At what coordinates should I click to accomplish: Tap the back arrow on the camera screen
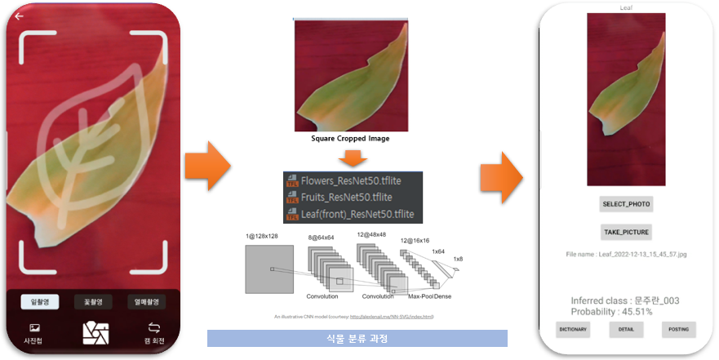coord(19,16)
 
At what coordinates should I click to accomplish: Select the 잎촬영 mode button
coord(39,302)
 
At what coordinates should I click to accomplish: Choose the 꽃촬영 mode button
coord(93,302)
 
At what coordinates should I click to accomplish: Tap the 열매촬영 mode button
coord(147,302)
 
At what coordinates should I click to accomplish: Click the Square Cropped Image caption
coord(350,138)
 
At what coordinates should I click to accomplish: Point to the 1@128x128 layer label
coord(262,236)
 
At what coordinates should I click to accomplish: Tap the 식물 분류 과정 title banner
coord(357,337)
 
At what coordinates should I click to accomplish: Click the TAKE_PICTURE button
coord(627,232)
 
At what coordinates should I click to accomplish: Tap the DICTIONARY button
coord(573,330)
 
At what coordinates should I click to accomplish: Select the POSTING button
coord(679,330)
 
